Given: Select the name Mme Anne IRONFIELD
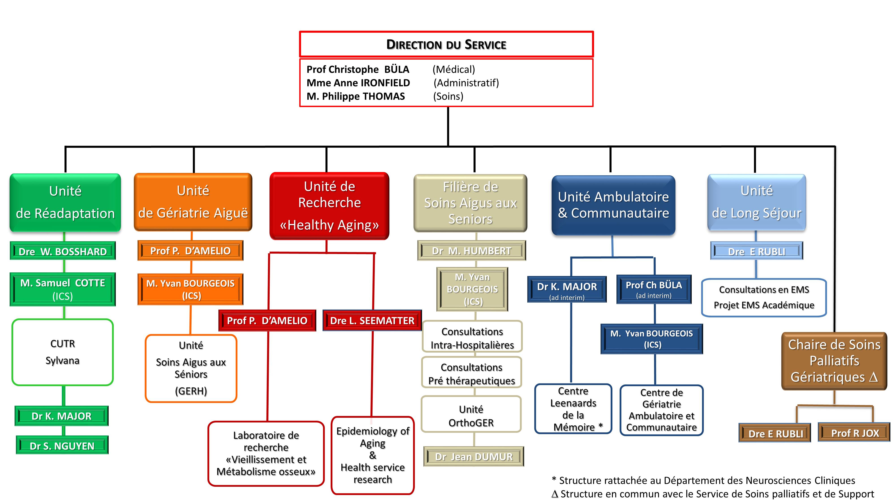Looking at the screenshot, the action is (358, 83).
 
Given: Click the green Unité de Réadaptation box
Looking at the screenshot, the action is (65, 202).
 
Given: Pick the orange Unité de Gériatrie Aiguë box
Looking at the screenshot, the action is (193, 202).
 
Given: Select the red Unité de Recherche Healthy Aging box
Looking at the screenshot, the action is (329, 206).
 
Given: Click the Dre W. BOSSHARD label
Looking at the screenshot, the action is (63, 251).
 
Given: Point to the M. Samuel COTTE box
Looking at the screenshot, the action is (63, 289).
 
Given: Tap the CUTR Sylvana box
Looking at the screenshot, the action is (63, 352).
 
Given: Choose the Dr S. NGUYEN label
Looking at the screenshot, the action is (62, 446).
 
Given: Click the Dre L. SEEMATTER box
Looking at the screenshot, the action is (372, 320).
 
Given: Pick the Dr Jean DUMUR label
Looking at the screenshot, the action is (474, 456).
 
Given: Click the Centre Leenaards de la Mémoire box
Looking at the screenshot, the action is (573, 409).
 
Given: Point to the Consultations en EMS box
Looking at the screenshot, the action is (764, 297).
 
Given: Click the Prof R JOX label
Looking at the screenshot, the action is (855, 433).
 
